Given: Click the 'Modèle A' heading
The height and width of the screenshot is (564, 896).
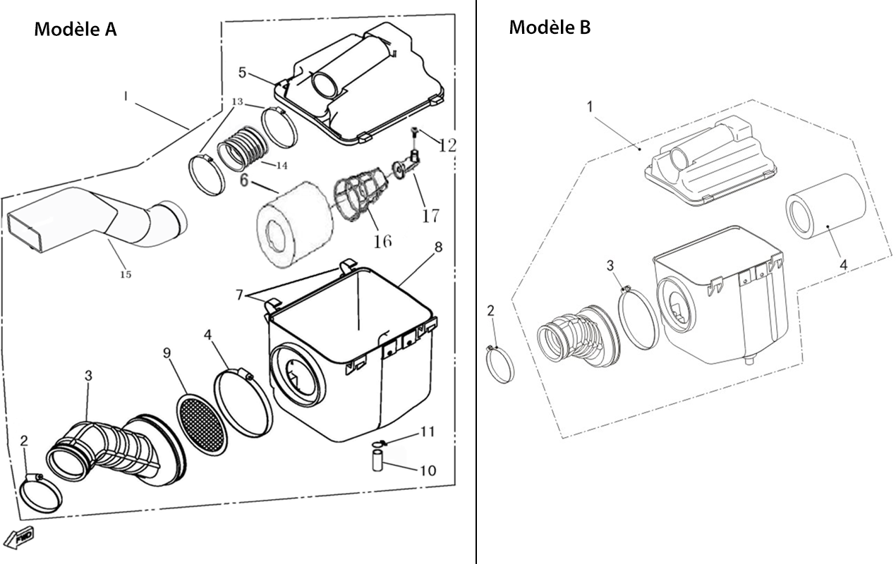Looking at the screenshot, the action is pyautogui.click(x=75, y=29).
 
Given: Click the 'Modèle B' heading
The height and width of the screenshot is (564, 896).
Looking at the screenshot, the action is pyautogui.click(x=550, y=27).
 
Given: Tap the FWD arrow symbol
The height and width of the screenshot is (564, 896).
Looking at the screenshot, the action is pyautogui.click(x=19, y=539).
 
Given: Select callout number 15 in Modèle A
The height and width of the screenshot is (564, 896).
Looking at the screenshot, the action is pyautogui.click(x=126, y=274).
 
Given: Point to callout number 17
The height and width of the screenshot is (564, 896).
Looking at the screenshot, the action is pyautogui.click(x=430, y=216).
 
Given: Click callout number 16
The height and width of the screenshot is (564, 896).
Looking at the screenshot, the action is pyautogui.click(x=382, y=241).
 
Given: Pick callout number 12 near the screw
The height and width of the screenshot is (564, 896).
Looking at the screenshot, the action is pyautogui.click(x=447, y=145).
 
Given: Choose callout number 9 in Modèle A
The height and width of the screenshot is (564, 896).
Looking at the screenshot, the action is pyautogui.click(x=167, y=352).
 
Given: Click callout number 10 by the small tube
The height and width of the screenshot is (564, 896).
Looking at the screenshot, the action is pyautogui.click(x=428, y=470).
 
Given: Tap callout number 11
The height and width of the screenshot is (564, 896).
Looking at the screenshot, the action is pyautogui.click(x=428, y=431).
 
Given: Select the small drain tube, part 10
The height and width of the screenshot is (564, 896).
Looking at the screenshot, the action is pyautogui.click(x=377, y=460).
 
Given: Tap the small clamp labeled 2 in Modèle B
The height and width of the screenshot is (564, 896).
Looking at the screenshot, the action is pyautogui.click(x=500, y=364).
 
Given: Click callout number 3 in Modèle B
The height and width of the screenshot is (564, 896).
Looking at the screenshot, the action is pyautogui.click(x=610, y=265).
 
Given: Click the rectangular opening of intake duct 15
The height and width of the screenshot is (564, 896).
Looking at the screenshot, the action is pyautogui.click(x=25, y=234).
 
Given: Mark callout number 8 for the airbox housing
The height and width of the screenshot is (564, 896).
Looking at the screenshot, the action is pyautogui.click(x=438, y=247).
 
